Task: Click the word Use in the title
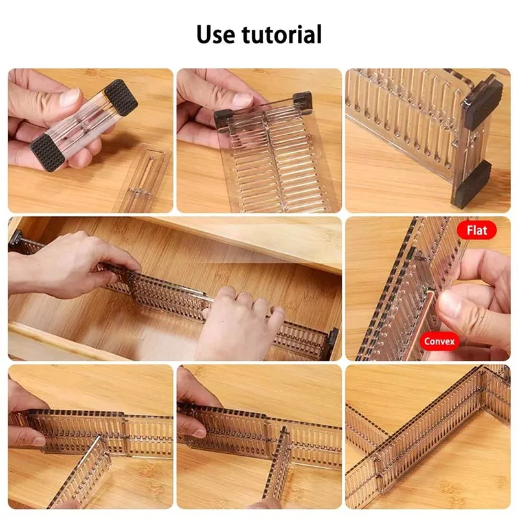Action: point(216,34)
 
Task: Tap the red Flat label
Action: point(477,229)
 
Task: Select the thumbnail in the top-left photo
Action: point(68,98)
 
